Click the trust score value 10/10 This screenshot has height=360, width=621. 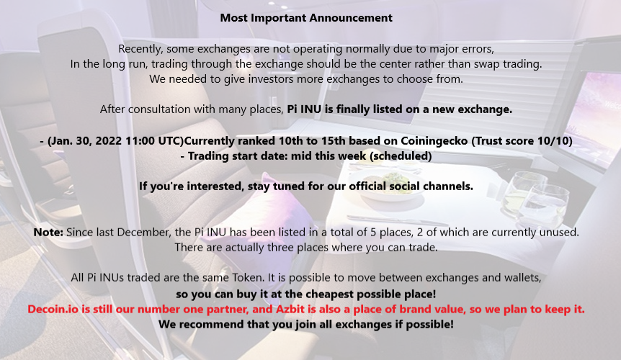[557, 141]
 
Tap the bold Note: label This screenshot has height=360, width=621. [49, 233]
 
